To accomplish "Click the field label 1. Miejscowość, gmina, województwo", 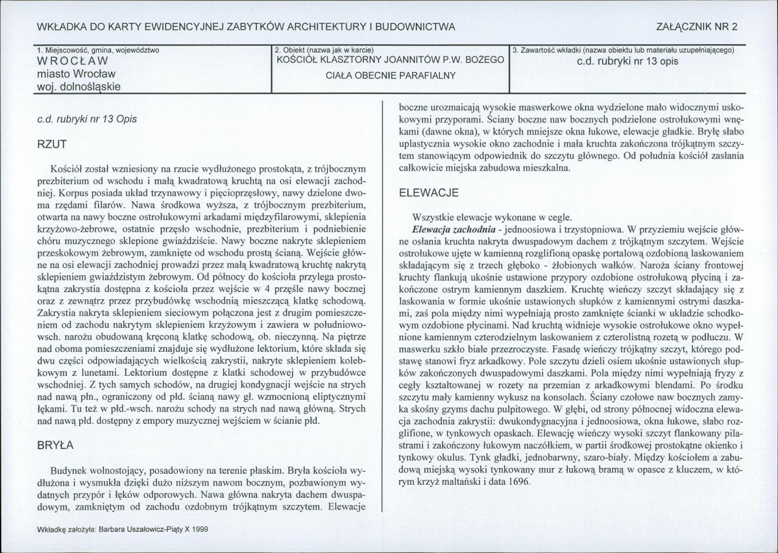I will pyautogui.click(x=98, y=49).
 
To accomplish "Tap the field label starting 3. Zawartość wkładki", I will pyautogui.click(x=623, y=49).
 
